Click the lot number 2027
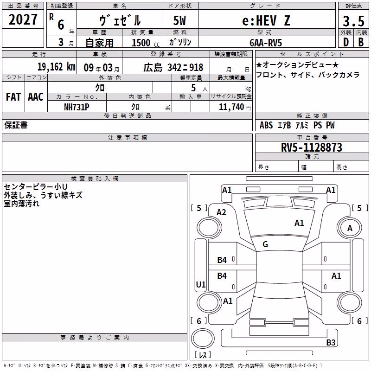(x=23, y=19)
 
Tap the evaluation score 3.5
(x=353, y=21)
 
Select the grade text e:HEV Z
(x=266, y=20)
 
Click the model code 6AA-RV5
(x=266, y=43)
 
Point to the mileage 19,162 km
(x=56, y=67)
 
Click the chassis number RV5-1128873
(x=311, y=147)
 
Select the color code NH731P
(x=77, y=107)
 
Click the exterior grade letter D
(x=346, y=42)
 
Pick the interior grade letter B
(x=361, y=42)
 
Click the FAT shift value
(x=13, y=97)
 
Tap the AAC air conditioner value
(x=36, y=97)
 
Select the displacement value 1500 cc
(x=146, y=43)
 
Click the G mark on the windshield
(x=265, y=244)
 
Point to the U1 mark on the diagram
(x=201, y=284)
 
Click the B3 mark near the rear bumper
(x=331, y=342)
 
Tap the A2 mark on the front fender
(x=221, y=212)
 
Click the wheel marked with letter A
(x=350, y=228)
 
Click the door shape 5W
(x=179, y=20)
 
